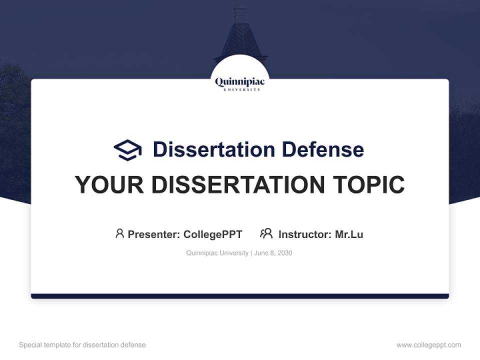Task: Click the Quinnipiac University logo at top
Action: click(x=240, y=82)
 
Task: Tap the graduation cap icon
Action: click(x=127, y=149)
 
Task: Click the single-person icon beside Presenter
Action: click(x=119, y=233)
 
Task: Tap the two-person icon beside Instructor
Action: click(x=266, y=233)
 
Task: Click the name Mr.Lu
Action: click(x=349, y=234)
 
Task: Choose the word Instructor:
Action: click(x=305, y=234)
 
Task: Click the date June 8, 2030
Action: click(x=273, y=253)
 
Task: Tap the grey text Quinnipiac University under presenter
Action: click(x=217, y=253)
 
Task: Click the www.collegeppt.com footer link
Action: click(x=428, y=345)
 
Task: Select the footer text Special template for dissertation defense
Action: click(x=82, y=345)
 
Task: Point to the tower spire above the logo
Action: click(x=240, y=30)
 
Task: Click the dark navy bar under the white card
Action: click(x=240, y=296)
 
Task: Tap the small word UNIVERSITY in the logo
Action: click(x=240, y=89)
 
